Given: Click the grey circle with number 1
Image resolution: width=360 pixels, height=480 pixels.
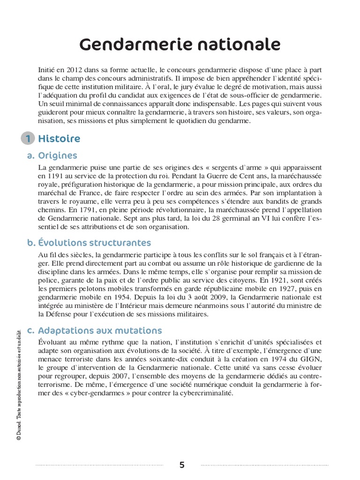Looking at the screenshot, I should [28, 139].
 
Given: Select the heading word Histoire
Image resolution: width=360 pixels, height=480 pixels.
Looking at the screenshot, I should [59, 139].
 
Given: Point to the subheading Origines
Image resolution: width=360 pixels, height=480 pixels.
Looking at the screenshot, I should [58, 156].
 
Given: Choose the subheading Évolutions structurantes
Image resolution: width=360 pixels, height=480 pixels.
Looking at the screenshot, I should [94, 243].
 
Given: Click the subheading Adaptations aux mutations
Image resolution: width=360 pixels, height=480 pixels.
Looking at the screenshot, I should [99, 330].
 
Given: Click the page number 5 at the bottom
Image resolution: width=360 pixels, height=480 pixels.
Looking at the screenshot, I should [182, 465].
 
